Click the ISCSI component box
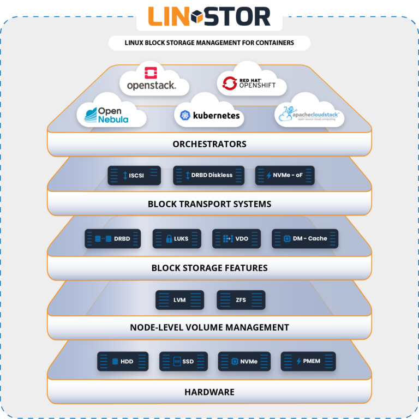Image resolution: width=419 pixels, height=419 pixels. pos(134,175)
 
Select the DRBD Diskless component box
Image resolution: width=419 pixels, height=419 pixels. pos(209,175)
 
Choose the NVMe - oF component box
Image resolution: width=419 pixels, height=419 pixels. pos(285,175)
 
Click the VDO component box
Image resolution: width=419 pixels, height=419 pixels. pos(236,238)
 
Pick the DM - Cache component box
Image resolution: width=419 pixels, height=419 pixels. pos(305,238)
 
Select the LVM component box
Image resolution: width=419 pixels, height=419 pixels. pos(179,300)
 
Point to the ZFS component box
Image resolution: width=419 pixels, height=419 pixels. pos(241,300)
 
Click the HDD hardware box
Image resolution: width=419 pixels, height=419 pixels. pos(123,361)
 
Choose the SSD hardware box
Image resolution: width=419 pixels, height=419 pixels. pos(184,361)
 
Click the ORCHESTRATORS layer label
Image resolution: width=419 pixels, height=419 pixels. pos(209,145)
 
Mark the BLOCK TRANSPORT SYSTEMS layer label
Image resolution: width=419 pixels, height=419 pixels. pos(209,205)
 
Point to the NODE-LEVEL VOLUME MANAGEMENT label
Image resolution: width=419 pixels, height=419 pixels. pos(209,327)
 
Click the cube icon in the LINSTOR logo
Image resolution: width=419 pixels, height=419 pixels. pos(200,17)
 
